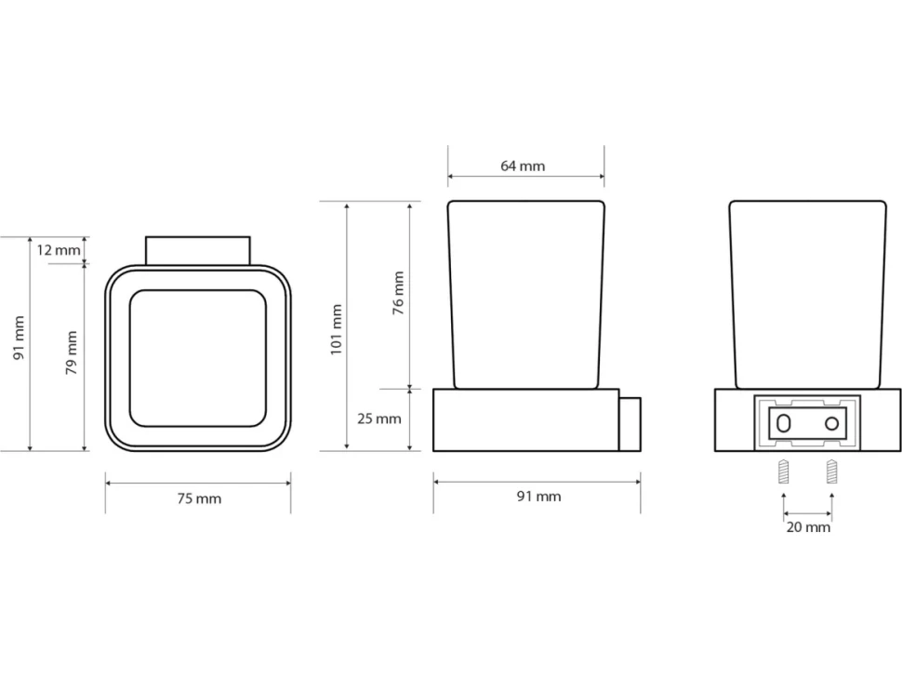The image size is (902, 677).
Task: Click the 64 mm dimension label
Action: [523, 166]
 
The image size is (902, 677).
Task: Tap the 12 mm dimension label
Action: [59, 250]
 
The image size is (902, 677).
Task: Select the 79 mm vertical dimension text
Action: [72, 352]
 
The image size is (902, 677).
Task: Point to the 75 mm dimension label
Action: [199, 498]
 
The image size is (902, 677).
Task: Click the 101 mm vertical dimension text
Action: [337, 329]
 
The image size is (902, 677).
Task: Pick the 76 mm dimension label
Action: [398, 293]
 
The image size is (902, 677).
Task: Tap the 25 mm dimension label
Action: [379, 418]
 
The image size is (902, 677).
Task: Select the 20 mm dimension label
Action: [808, 527]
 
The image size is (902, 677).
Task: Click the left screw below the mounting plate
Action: [784, 471]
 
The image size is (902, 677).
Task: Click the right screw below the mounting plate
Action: [832, 471]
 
